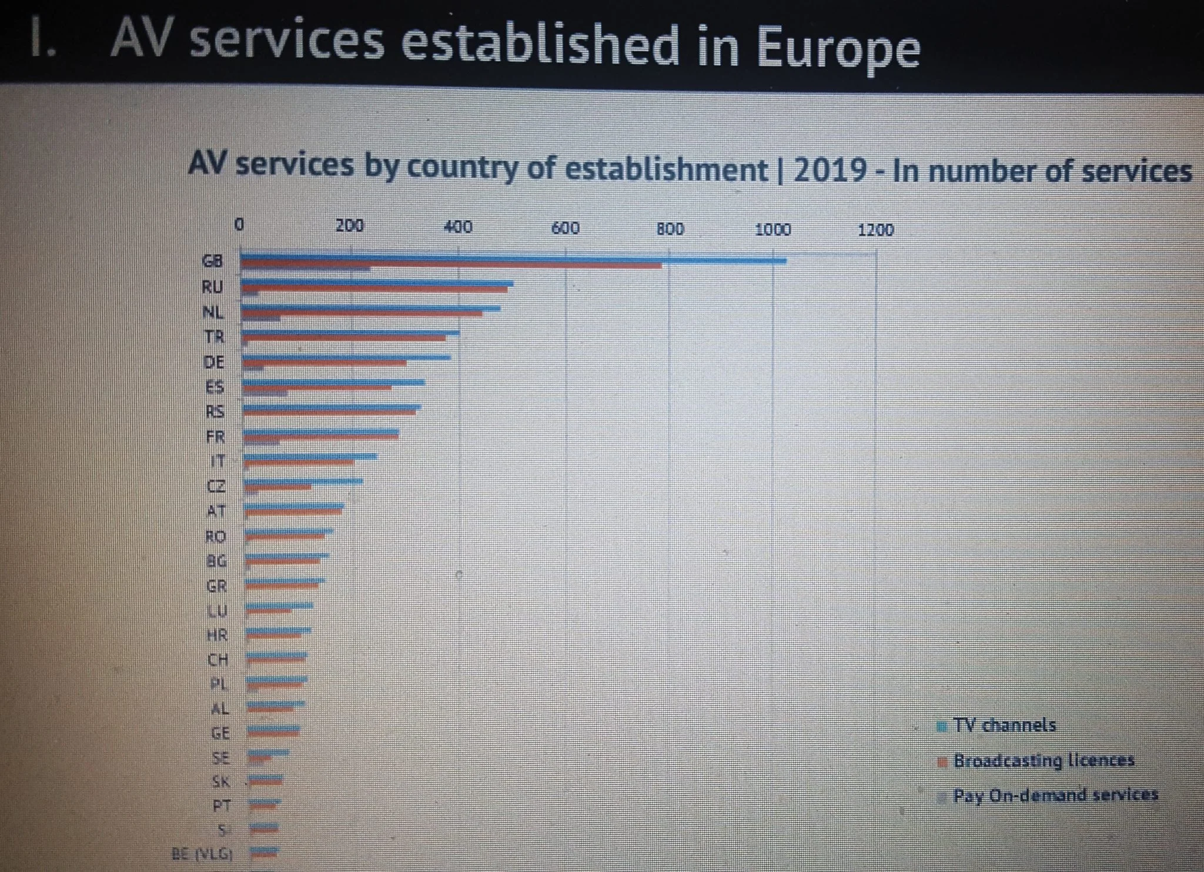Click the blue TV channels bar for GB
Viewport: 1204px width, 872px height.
511,259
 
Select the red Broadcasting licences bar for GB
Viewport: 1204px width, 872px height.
450,266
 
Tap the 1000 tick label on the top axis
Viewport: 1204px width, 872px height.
772,229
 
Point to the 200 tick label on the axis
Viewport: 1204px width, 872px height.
349,226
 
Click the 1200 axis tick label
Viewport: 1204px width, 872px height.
875,230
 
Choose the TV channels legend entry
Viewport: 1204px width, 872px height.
1004,725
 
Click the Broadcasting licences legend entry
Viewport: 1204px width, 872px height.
1043,760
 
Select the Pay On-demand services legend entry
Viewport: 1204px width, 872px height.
1055,796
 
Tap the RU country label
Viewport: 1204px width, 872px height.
212,287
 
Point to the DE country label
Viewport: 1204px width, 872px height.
214,362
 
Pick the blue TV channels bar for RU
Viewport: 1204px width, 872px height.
376,283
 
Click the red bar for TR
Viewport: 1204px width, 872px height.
344,338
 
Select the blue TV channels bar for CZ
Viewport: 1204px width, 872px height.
303,481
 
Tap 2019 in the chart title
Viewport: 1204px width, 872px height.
830,171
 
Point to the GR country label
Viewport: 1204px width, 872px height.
216,586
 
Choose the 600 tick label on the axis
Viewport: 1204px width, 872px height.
565,228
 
